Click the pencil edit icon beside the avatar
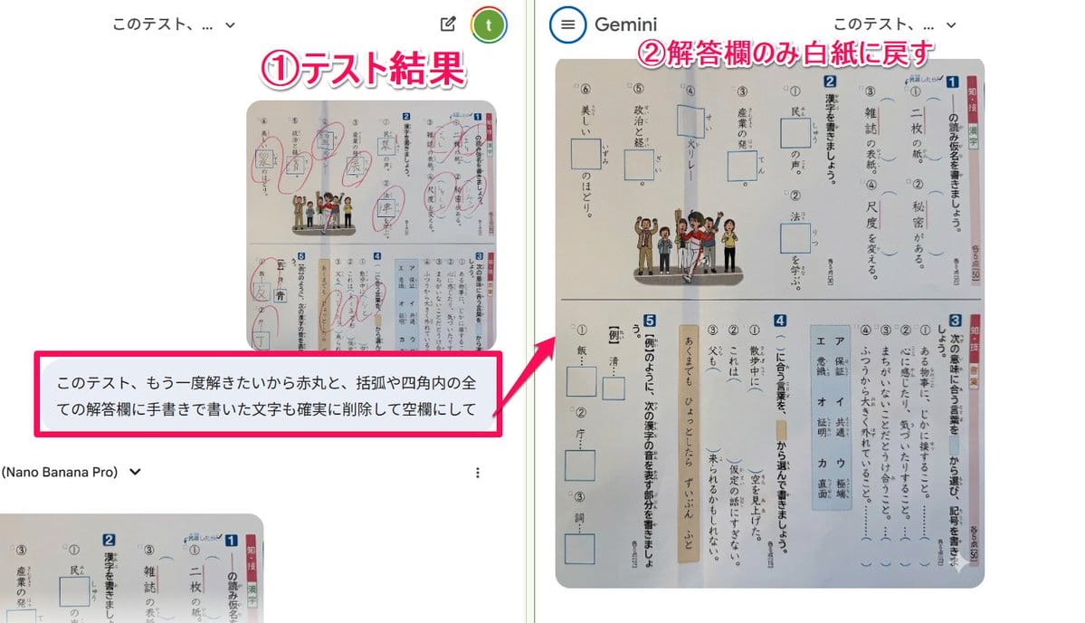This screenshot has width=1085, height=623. coord(447,24)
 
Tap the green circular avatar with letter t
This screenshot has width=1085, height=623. coord(489,25)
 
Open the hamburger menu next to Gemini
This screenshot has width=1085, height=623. coord(567,24)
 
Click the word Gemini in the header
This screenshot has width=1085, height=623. coord(625,24)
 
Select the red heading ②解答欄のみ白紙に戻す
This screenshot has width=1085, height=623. coord(785,54)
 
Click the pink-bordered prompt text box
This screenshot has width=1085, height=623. coord(268,395)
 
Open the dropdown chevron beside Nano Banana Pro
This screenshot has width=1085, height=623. coord(136,472)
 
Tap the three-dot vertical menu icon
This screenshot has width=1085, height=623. coord(478,472)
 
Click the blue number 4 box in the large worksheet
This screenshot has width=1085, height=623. coord(779,319)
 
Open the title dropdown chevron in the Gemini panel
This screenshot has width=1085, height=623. coord(951,25)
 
